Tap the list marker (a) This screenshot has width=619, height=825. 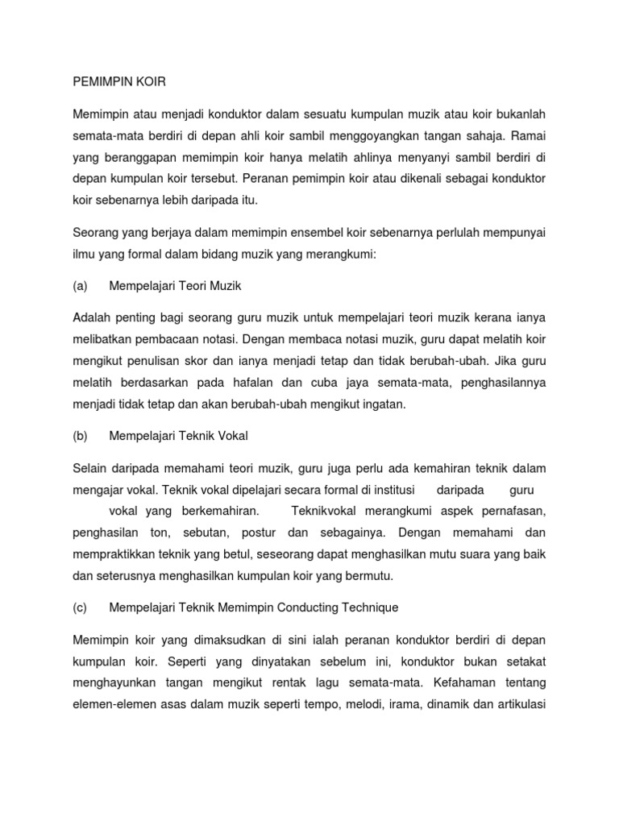80,286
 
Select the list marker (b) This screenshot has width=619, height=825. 80,436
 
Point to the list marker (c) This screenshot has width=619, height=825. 80,607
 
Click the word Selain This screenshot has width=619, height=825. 90,467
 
